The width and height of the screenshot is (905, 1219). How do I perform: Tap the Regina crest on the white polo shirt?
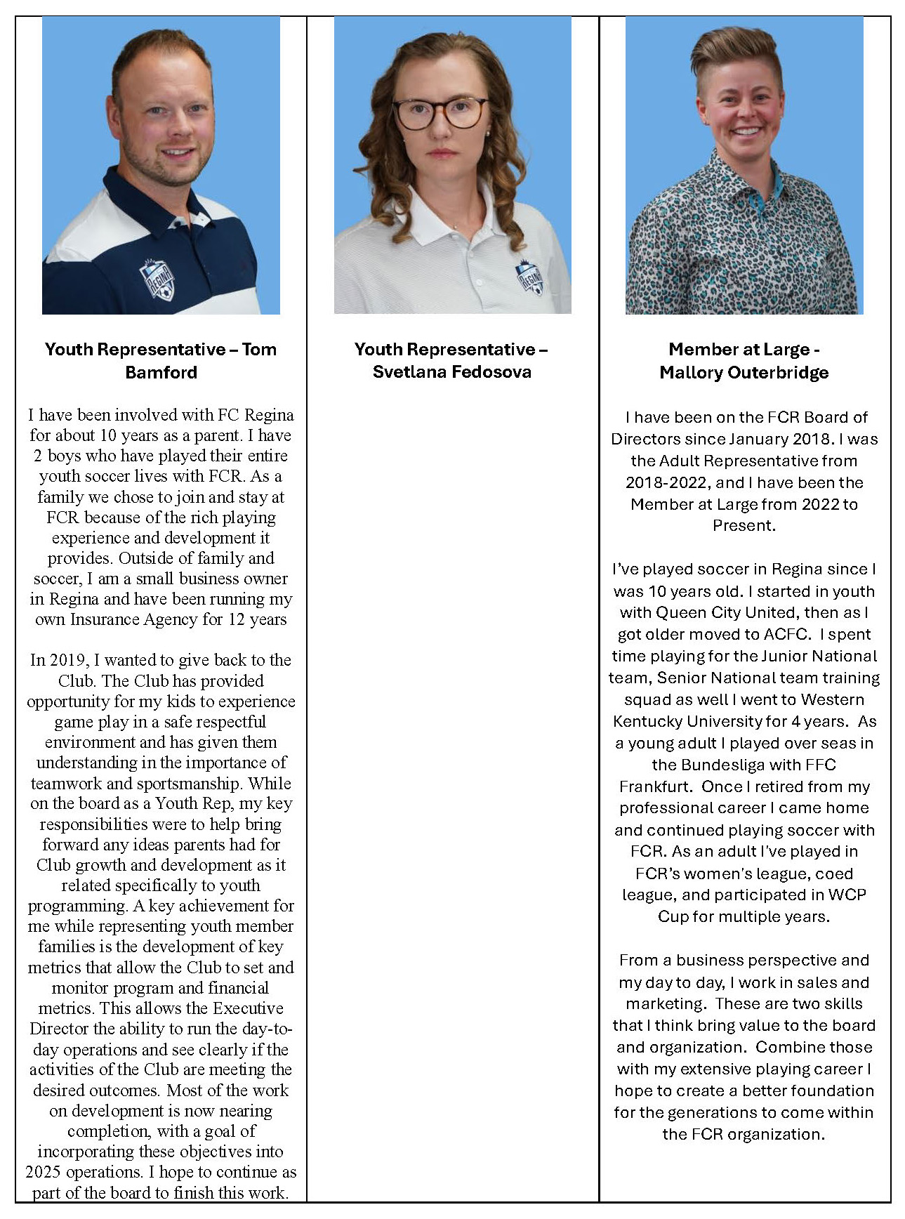click(x=530, y=277)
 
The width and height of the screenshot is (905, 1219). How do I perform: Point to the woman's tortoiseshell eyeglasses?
click(x=440, y=112)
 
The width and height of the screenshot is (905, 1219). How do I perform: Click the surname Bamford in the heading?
click(x=161, y=372)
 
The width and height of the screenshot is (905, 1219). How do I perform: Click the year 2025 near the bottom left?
click(x=43, y=1172)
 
